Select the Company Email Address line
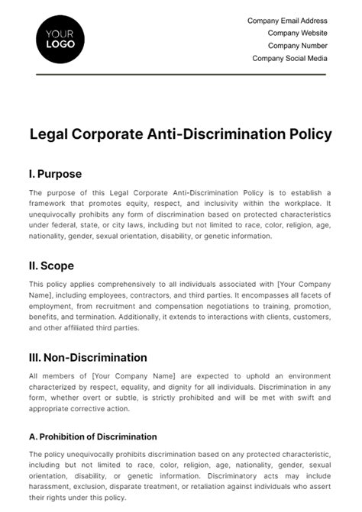point(287,21)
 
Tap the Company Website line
point(297,33)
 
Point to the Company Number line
point(297,45)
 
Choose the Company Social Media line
point(289,58)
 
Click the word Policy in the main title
point(310,134)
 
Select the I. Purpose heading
point(54,173)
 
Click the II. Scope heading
point(51,266)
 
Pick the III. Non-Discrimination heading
point(88,357)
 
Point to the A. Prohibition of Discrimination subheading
point(92,436)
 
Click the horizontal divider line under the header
point(180,74)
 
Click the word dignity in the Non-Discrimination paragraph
point(202,387)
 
